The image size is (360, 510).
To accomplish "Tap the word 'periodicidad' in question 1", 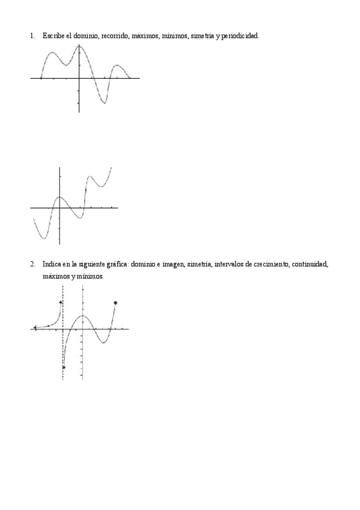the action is (240, 36).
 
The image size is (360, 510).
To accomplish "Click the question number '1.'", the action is (32, 36).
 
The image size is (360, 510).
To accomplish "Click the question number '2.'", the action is (32, 264).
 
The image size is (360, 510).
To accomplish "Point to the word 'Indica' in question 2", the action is (52, 264).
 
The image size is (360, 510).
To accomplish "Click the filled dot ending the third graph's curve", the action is (115, 303).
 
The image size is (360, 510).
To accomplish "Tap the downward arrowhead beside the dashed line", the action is (64, 367).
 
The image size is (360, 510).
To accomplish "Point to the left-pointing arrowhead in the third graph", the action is (35, 328).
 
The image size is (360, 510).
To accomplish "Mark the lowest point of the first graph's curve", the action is (104, 103).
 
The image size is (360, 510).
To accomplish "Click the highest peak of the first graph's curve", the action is (79, 46).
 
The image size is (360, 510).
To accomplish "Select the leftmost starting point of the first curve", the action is (40, 78).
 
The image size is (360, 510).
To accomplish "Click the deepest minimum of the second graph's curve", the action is (43, 239).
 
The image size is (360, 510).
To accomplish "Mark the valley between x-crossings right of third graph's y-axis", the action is (104, 342).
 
